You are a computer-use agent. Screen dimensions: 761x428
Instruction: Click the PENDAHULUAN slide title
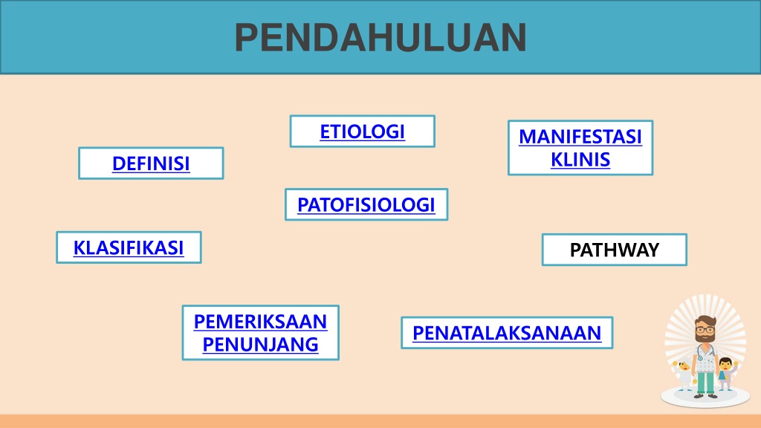click(x=380, y=37)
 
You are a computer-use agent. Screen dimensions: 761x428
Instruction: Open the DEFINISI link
click(x=151, y=163)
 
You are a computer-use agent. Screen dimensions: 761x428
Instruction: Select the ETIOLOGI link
click(x=362, y=132)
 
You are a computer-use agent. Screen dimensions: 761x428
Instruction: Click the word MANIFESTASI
click(x=580, y=137)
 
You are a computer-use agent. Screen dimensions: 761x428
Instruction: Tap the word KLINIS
click(x=580, y=159)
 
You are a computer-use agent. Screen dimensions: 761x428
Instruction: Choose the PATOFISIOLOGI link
click(x=366, y=205)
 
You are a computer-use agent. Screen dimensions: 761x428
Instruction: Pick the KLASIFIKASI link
click(x=129, y=247)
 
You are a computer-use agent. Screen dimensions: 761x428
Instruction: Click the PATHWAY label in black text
click(x=615, y=250)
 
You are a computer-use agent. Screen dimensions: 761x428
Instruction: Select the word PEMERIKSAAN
click(x=261, y=321)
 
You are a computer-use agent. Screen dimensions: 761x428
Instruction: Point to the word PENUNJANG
click(x=261, y=344)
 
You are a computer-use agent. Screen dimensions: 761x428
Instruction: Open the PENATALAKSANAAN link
click(x=507, y=333)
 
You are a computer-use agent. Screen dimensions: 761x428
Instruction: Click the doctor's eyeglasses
click(x=705, y=329)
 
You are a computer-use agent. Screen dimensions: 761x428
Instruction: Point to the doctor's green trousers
click(x=705, y=383)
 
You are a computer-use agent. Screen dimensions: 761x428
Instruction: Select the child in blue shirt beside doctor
click(x=725, y=374)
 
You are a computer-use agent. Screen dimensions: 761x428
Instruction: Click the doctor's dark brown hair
click(x=705, y=321)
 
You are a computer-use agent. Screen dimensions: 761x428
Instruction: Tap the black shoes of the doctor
click(x=706, y=396)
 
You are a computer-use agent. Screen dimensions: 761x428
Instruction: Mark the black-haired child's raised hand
click(x=736, y=363)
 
